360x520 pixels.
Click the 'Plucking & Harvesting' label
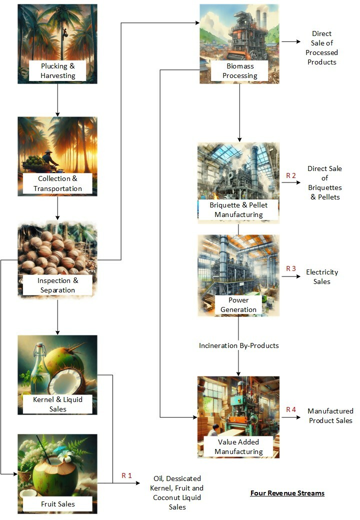click(x=57, y=71)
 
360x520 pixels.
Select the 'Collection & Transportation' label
click(x=57, y=183)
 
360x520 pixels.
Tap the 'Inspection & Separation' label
click(x=57, y=285)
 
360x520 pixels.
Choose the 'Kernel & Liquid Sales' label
click(x=57, y=404)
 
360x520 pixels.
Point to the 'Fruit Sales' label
click(x=57, y=504)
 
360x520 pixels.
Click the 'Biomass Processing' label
click(x=239, y=71)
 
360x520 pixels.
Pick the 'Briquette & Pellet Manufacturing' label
click(x=238, y=210)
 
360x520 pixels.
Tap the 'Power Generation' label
click(x=238, y=305)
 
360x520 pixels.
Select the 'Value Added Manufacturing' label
click(x=238, y=447)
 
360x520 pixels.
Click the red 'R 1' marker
click(x=126, y=475)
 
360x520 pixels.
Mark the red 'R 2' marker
click(x=291, y=175)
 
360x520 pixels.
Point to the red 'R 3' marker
click(x=291, y=268)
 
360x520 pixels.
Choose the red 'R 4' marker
click(x=291, y=409)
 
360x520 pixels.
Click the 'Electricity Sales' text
click(x=322, y=277)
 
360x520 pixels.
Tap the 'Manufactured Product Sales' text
click(x=330, y=415)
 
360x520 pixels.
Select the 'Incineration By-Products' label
click(x=238, y=345)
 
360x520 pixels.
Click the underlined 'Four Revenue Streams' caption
click(x=287, y=493)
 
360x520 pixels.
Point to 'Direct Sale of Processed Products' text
click(x=322, y=48)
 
